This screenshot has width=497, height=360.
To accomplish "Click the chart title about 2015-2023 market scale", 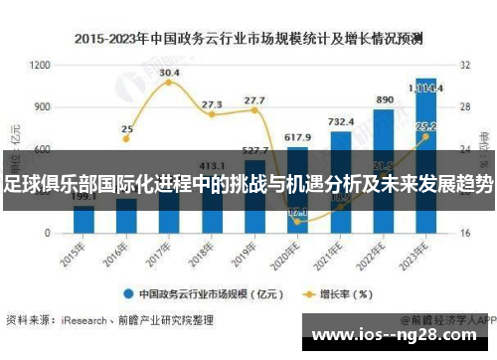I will pos(248,40).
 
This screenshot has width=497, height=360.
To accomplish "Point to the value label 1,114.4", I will pos(426,88).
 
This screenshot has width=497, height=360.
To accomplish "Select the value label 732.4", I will pos(341,121).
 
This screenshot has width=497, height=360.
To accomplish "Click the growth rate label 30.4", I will pos(169,73).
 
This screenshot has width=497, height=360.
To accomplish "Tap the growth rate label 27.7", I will pos(254,100).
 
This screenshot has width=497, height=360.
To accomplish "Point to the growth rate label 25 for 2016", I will pos(126,128).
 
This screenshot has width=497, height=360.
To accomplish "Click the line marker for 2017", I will pos(169,83).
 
